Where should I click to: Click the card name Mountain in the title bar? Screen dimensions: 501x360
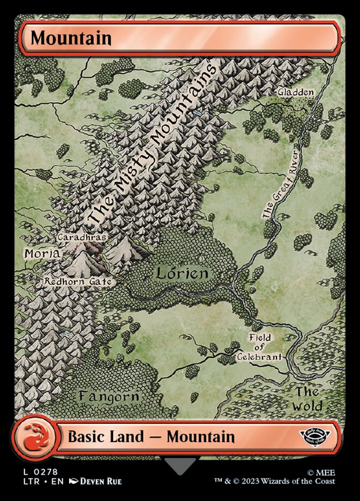pos(71,38)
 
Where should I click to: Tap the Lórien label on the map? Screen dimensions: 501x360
pos(182,274)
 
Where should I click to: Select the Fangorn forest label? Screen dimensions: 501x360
pos(109,397)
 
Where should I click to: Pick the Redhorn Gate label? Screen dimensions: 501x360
pos(78,281)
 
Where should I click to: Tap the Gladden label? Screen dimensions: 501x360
pos(295,92)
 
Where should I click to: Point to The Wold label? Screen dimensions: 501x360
pos(307,399)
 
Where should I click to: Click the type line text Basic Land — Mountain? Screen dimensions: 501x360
pos(151,436)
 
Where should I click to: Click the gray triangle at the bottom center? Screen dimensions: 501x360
pos(180,464)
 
